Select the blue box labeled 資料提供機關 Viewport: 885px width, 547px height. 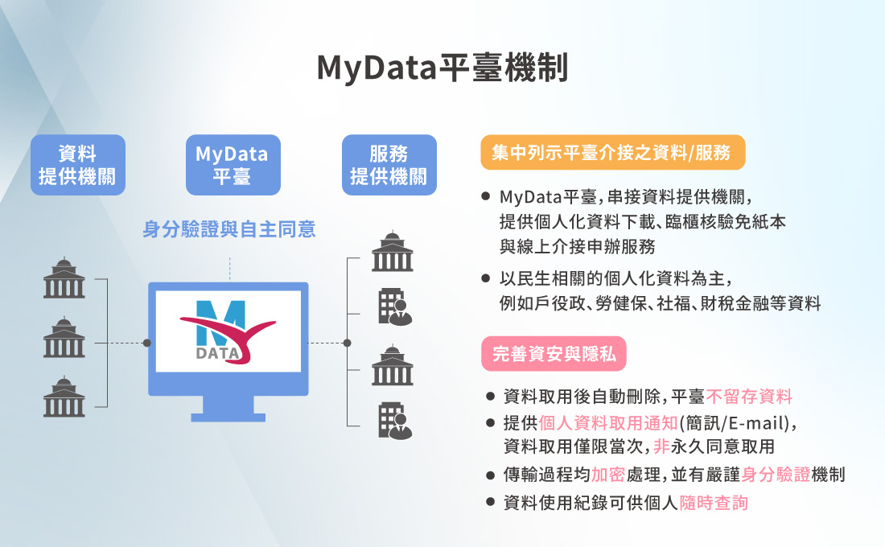click(x=78, y=165)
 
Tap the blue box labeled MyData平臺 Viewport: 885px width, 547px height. click(x=233, y=165)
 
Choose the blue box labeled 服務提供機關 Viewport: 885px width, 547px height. click(x=389, y=165)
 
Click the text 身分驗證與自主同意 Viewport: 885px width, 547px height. click(x=229, y=230)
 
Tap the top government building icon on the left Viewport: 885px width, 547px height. click(x=64, y=278)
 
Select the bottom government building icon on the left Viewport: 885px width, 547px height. click(x=64, y=397)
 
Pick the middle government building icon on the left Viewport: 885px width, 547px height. click(x=64, y=338)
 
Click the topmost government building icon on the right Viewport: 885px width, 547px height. click(x=393, y=252)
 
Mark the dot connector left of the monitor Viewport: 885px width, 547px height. click(x=146, y=343)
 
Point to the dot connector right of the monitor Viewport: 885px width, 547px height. click(x=347, y=343)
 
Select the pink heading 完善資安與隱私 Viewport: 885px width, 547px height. click(x=554, y=353)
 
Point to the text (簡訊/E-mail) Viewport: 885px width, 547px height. click(x=739, y=422)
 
